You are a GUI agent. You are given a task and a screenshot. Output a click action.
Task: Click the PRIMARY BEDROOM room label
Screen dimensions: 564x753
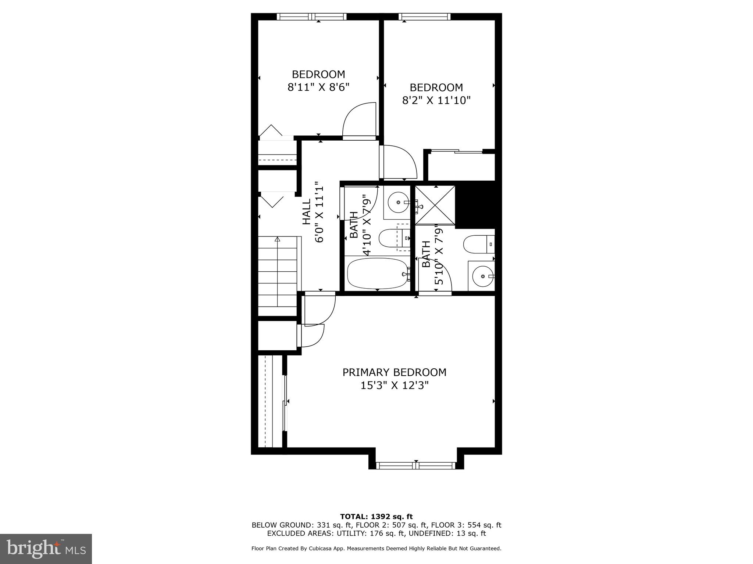click(394, 372)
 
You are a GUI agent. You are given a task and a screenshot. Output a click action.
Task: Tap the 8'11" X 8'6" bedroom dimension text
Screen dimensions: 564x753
click(318, 87)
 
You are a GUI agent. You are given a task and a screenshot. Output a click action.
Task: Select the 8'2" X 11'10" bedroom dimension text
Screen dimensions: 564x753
click(436, 100)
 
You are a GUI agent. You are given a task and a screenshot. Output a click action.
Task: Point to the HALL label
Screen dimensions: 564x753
click(307, 211)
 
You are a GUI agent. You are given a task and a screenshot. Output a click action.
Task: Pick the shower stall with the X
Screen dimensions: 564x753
click(435, 205)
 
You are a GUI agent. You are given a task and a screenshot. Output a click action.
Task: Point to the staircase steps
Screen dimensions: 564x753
click(277, 275)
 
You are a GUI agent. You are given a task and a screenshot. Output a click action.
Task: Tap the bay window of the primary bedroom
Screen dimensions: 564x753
click(416, 466)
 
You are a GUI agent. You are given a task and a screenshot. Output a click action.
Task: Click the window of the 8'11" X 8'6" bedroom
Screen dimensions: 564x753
click(312, 17)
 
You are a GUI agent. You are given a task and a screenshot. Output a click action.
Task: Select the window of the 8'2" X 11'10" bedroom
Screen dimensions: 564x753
click(425, 17)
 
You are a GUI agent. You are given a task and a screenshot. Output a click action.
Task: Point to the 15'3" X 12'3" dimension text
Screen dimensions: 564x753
click(395, 386)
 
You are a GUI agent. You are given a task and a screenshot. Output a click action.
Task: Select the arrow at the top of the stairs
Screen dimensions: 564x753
click(277, 239)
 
